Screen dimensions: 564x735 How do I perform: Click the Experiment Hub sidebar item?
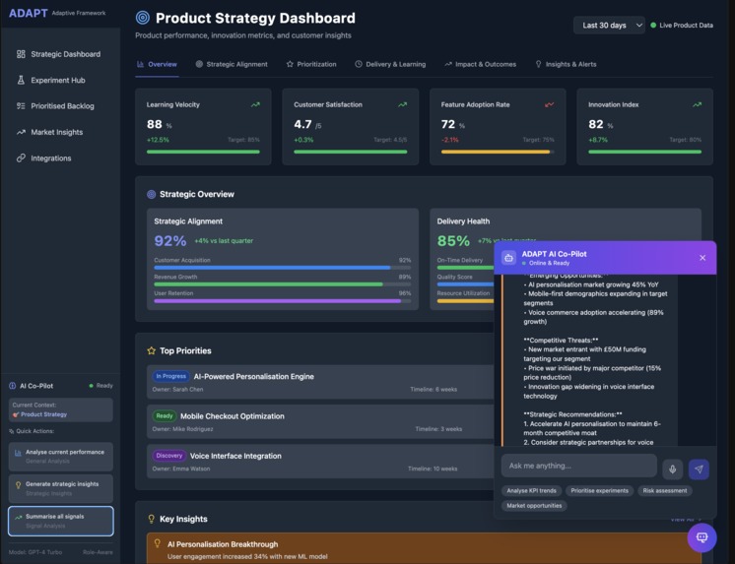tap(57, 80)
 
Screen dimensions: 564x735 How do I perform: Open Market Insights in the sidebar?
tap(56, 132)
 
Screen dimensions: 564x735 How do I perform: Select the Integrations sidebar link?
tap(50, 157)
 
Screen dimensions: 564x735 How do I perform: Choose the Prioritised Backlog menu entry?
tap(62, 105)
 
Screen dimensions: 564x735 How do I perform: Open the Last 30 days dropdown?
tap(609, 25)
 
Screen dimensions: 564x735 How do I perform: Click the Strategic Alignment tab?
tap(232, 64)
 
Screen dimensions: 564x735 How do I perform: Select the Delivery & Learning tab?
tap(390, 64)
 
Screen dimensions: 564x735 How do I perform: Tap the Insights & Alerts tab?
tap(566, 64)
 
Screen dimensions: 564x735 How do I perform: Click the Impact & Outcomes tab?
tap(480, 64)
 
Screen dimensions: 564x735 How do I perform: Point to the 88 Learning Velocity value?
tap(155, 124)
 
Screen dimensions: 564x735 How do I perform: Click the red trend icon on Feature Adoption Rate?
tap(550, 104)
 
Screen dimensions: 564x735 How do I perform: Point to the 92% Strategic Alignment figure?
tap(169, 241)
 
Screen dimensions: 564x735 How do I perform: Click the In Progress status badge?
tap(170, 376)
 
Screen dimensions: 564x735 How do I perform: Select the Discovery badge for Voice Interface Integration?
tap(168, 456)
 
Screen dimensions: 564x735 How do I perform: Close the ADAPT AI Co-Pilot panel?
tap(702, 258)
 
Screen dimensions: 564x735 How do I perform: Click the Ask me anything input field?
tap(578, 466)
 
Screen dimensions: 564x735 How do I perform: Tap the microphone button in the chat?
tap(673, 470)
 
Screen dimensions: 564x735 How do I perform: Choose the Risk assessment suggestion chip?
tap(664, 490)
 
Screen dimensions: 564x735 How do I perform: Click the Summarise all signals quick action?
tap(61, 520)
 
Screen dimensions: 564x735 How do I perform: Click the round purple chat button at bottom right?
tap(702, 537)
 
